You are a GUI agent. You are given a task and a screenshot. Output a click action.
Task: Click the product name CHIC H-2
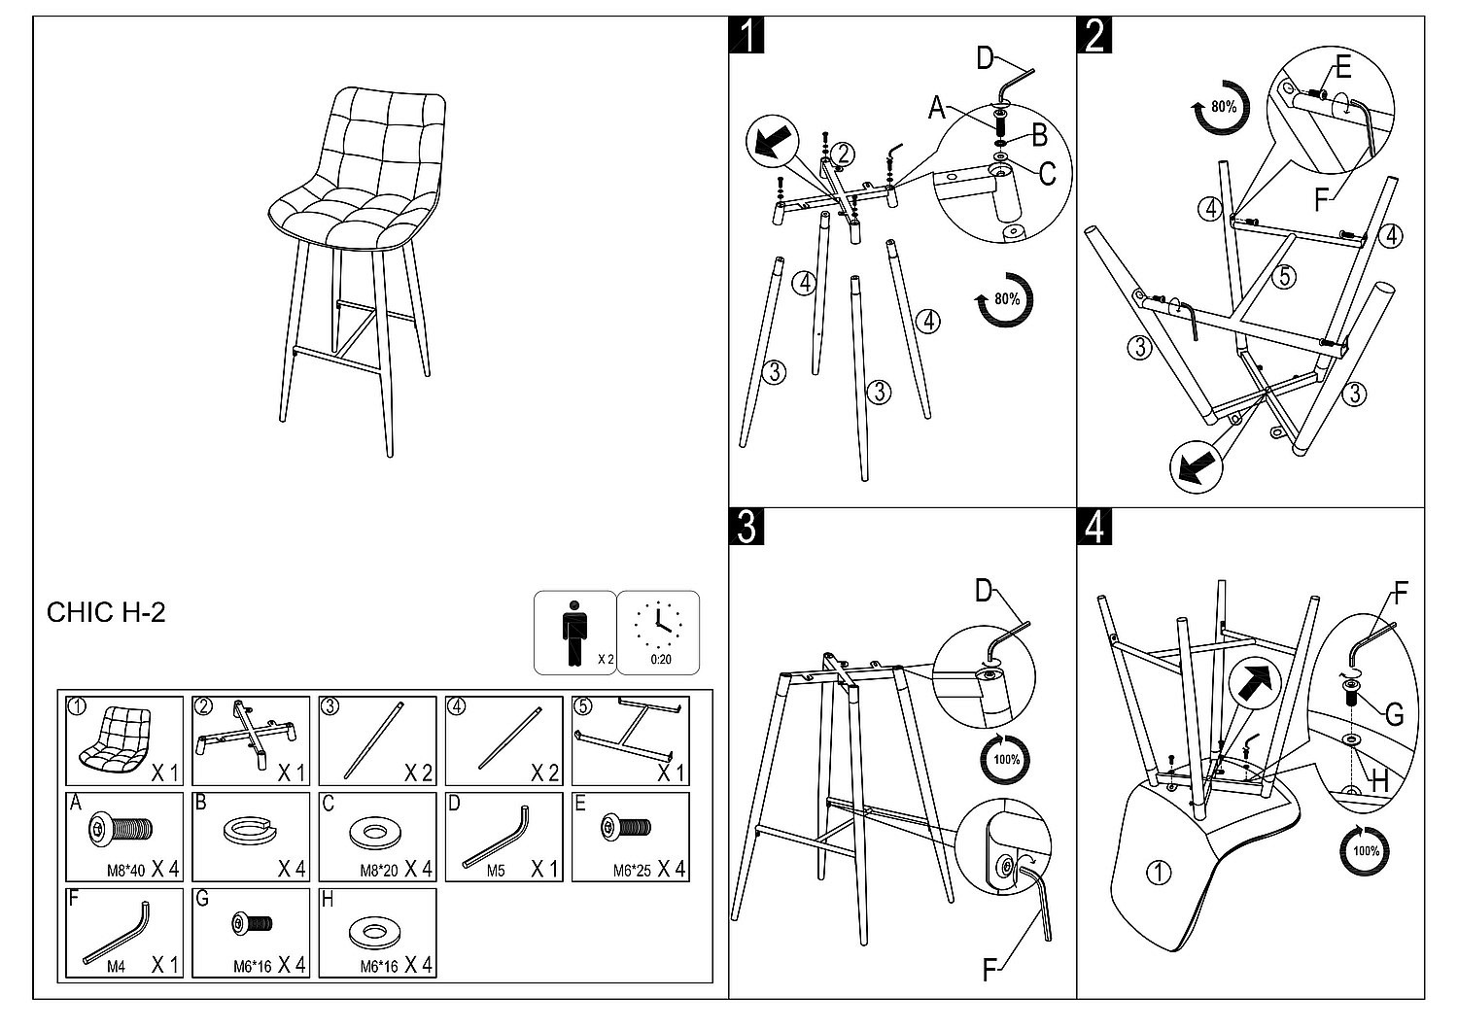click(x=106, y=612)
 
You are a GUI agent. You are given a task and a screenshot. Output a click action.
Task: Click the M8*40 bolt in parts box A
click(x=122, y=829)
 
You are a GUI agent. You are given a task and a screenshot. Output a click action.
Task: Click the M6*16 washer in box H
click(x=376, y=931)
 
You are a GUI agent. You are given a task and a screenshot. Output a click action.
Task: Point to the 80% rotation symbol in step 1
click(x=1005, y=300)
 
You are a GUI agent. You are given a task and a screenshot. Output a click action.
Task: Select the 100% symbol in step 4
click(x=1366, y=851)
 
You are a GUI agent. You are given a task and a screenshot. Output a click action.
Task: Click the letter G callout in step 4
click(x=1394, y=716)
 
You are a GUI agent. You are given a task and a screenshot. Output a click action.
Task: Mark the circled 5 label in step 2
click(x=1284, y=277)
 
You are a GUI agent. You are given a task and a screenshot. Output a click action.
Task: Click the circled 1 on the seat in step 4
click(x=1158, y=873)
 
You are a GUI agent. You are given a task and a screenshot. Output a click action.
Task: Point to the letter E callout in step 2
click(x=1343, y=67)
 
